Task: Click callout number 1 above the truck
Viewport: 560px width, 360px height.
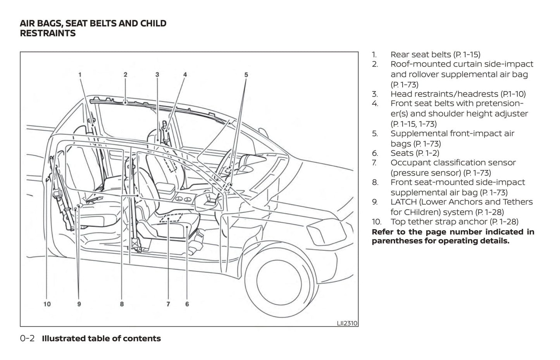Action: [80, 74]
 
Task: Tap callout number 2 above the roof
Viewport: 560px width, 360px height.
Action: [126, 74]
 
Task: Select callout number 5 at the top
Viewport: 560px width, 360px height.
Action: [246, 74]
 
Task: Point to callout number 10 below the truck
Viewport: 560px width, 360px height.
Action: [47, 304]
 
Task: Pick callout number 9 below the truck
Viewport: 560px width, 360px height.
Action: [79, 304]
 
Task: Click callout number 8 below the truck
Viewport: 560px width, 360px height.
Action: [122, 304]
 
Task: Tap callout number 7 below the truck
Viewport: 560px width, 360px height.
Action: [168, 304]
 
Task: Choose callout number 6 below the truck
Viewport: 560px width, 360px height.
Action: [187, 304]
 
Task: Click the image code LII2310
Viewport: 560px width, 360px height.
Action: [347, 323]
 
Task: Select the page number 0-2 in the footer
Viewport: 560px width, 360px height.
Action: [27, 338]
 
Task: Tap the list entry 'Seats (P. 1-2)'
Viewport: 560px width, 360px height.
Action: [415, 153]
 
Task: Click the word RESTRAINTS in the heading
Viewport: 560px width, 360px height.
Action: [48, 33]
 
